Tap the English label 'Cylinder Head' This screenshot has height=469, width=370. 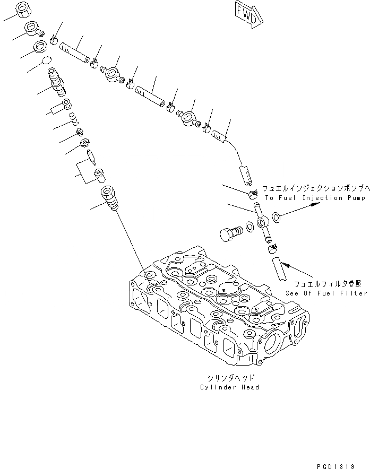[230, 387]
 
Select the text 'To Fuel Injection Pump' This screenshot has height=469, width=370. [315, 198]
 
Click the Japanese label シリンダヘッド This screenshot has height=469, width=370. [230, 378]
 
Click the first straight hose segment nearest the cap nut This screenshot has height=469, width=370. [73, 52]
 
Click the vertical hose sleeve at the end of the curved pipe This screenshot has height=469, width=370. [244, 174]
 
